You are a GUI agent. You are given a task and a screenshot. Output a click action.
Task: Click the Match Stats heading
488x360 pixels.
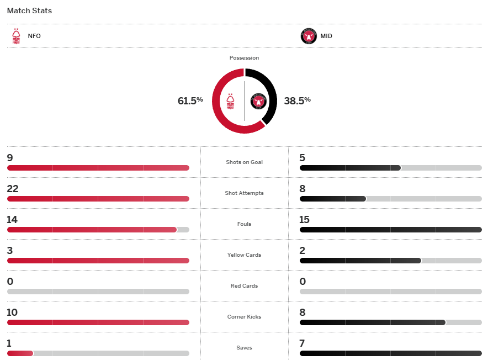29,10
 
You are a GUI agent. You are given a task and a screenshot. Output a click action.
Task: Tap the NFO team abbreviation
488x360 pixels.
34,36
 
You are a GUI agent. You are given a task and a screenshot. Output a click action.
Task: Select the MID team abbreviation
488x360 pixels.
326,36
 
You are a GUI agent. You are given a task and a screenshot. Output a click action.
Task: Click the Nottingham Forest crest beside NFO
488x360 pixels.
16,36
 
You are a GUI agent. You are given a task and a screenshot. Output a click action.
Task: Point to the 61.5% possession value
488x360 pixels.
190,100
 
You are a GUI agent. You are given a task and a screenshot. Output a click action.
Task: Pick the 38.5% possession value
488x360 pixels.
297,100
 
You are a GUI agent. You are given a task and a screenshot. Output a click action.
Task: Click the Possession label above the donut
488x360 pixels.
244,58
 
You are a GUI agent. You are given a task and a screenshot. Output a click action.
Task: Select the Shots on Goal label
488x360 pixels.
244,162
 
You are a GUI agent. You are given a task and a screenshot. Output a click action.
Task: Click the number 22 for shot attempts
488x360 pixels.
13,189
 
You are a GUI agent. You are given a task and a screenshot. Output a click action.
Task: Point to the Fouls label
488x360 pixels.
244,224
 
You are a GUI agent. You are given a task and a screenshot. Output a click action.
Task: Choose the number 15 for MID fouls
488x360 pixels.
305,220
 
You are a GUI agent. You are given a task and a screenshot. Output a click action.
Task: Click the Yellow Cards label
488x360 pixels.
244,255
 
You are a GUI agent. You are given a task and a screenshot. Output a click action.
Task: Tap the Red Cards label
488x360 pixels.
244,286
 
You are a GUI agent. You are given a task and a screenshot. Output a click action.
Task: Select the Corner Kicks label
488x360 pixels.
244,317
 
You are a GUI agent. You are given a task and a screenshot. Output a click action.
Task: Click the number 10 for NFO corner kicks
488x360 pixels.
13,313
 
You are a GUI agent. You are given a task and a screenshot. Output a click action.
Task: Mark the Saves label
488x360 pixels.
244,348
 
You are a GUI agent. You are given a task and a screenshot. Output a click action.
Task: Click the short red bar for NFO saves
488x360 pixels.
20,353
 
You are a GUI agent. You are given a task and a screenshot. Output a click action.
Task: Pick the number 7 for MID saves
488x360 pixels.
302,343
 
